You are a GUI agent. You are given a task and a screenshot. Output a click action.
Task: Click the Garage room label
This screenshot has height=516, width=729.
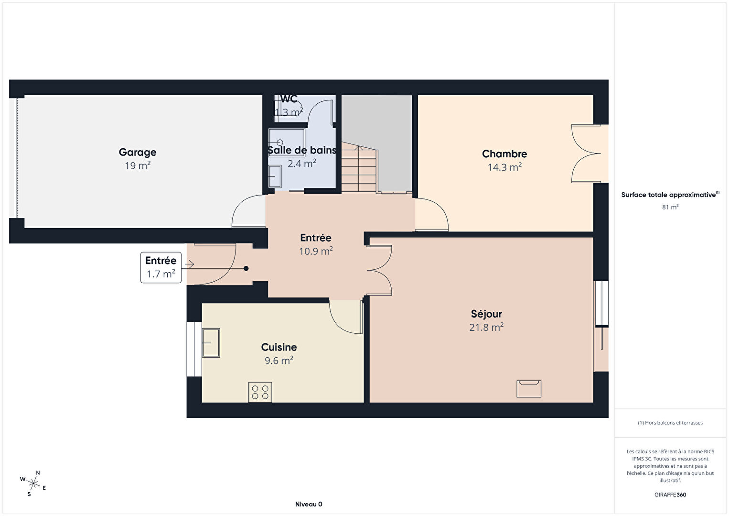137,152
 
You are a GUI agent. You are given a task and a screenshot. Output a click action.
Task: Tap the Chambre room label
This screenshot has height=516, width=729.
504,154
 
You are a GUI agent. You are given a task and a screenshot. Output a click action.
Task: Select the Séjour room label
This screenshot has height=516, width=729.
486,314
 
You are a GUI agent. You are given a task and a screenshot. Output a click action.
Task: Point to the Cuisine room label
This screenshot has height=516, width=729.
279,347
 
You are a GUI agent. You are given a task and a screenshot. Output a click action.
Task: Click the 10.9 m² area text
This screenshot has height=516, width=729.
316,251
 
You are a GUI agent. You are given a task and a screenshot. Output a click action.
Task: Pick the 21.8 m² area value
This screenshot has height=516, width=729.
486,327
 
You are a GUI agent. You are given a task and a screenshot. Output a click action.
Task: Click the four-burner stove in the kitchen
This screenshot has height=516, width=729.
260,392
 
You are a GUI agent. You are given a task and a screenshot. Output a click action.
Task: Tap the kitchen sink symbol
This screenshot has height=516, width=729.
211,343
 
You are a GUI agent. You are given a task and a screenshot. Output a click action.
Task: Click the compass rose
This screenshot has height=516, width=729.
33,483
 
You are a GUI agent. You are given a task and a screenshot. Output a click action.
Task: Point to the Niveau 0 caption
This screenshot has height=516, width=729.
309,504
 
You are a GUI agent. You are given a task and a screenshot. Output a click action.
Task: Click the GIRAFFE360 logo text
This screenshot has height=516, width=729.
670,494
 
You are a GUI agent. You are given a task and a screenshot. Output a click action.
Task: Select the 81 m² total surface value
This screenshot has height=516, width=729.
670,207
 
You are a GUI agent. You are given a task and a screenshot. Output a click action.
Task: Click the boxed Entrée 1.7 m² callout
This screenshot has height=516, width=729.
161,267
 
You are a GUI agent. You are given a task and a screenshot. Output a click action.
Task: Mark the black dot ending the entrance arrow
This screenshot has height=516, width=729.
247,268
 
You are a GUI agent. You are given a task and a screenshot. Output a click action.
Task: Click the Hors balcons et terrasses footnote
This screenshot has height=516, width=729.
670,422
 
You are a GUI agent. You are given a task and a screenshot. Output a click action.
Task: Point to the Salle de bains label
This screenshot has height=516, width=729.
302,150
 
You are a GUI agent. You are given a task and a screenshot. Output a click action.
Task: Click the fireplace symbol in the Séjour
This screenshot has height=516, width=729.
529,389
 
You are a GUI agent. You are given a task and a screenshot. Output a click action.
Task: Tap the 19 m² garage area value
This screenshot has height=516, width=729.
137,165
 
